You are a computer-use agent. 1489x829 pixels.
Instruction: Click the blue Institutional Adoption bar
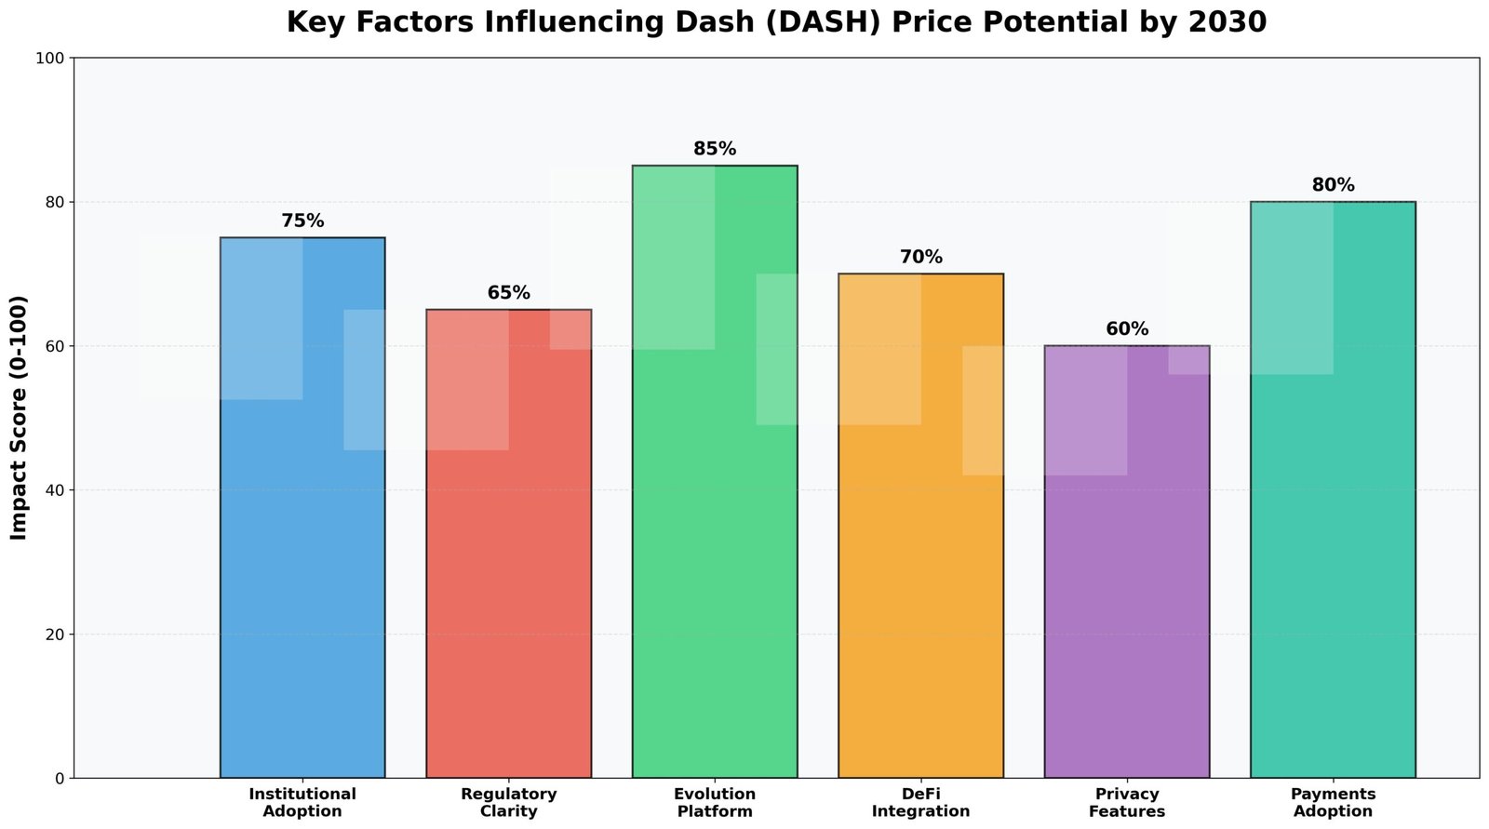click(x=302, y=558)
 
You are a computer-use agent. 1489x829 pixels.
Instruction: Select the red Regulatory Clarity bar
click(x=508, y=577)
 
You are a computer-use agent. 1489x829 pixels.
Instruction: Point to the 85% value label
click(x=715, y=149)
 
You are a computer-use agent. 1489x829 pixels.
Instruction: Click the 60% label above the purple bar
click(x=1127, y=329)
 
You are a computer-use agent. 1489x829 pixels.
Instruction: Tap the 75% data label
click(x=302, y=221)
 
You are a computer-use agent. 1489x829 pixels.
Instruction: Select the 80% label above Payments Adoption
click(x=1333, y=185)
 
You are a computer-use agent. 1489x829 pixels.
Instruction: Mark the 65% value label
click(x=508, y=293)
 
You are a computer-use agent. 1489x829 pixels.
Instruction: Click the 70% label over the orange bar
click(x=920, y=258)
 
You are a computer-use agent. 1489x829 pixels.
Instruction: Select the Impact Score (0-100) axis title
click(x=20, y=418)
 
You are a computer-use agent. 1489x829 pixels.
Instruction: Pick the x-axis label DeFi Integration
click(x=920, y=803)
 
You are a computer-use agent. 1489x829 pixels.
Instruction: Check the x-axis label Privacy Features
click(x=1127, y=803)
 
